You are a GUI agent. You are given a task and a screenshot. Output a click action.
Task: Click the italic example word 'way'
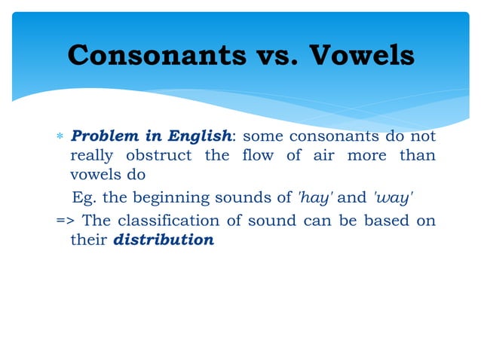(392, 197)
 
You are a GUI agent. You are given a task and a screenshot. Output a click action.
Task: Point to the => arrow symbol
(65, 221)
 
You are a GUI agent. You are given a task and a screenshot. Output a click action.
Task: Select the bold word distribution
(163, 241)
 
